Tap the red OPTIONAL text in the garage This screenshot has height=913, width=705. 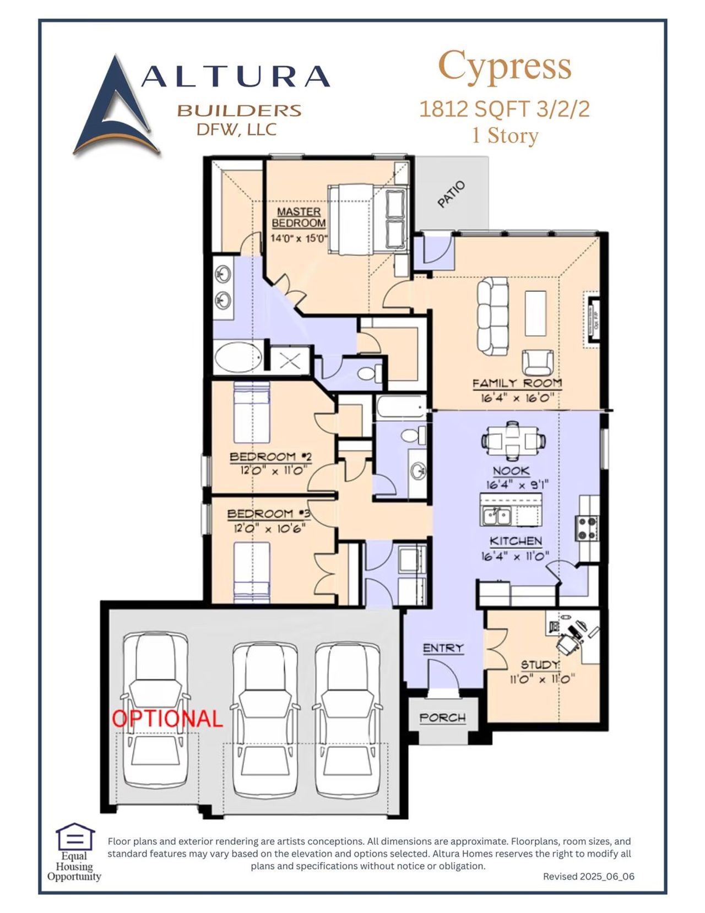[167, 719]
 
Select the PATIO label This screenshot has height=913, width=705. [451, 194]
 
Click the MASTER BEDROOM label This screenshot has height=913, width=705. [299, 217]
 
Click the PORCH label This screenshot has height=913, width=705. [442, 718]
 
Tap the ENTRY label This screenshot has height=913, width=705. [443, 648]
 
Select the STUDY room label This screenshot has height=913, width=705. [540, 665]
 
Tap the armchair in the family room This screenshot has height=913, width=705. [538, 362]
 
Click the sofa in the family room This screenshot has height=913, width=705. [492, 316]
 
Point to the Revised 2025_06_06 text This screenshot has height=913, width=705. [588, 876]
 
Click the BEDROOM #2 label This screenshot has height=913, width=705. [270, 457]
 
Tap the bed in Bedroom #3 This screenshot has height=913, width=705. [252, 571]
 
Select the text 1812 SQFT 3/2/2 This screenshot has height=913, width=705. [504, 108]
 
